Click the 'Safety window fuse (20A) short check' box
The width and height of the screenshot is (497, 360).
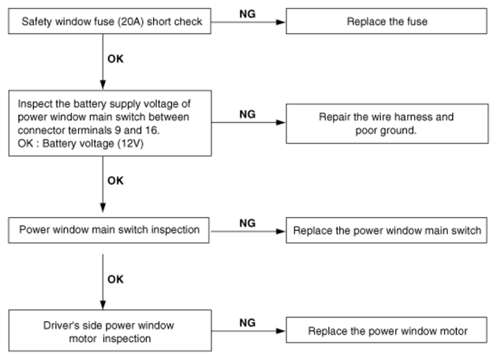coord(110,21)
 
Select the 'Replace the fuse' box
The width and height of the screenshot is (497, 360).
coord(387,21)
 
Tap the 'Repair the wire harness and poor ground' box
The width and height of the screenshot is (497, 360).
coord(387,123)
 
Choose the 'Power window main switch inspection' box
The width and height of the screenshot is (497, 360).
coord(109,231)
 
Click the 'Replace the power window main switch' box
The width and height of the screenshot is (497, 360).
coord(387,231)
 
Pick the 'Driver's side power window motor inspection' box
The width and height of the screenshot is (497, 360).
coord(110,331)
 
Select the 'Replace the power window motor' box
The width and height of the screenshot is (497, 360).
coord(387,330)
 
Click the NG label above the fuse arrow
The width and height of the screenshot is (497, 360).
coord(248,14)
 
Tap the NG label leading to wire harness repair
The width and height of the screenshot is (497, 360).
coord(248,114)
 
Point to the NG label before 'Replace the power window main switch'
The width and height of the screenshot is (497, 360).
coord(248,223)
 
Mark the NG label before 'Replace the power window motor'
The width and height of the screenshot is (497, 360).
coord(248,323)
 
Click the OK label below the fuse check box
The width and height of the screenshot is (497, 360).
coord(115,58)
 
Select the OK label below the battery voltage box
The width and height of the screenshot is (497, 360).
coord(115,181)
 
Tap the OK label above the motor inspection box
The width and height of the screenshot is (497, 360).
coord(115,279)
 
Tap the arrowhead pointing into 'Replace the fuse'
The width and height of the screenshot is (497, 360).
coord(281,22)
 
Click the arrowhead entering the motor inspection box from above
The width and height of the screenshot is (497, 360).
coord(103,305)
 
